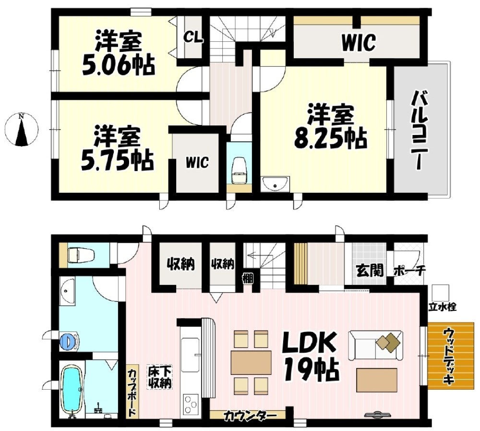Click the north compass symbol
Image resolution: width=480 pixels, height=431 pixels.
22,129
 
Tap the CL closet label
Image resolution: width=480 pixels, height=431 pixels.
193,38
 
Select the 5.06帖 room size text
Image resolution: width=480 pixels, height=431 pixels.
118,66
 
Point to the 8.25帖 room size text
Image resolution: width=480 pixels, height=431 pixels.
330,139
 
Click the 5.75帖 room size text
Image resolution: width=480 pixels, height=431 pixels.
117,161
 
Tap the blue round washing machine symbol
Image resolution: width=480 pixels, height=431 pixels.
68,341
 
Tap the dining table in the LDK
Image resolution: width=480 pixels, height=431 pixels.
251,363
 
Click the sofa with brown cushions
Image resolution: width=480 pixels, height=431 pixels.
375,345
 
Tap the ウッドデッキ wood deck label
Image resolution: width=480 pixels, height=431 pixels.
449,356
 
